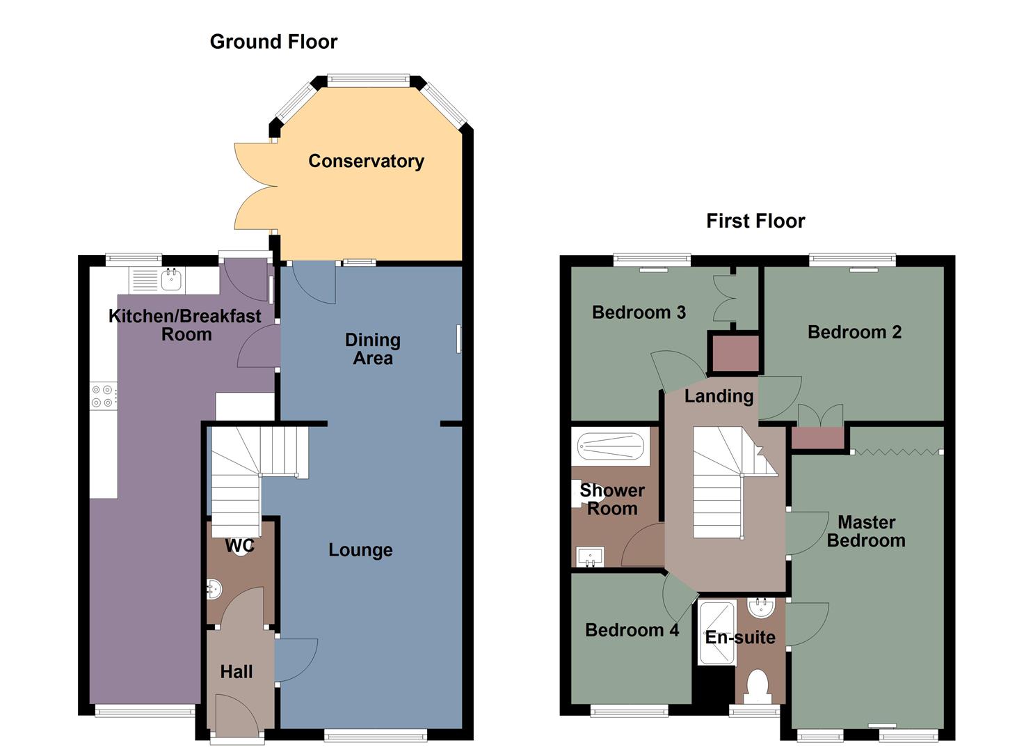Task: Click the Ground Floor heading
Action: coord(273,42)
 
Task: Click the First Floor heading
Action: coord(755,221)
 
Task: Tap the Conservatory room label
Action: coord(366,161)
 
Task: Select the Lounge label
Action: coord(360,550)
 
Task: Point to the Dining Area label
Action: coord(373,350)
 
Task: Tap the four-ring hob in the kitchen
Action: coord(104,396)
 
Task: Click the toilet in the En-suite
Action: coord(757,686)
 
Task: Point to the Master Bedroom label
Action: coord(866,531)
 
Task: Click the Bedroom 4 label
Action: coord(632,630)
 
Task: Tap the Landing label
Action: coord(719,396)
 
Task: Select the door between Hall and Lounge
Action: coord(295,659)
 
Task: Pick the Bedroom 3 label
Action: coord(639,312)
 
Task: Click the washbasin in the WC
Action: coord(214,590)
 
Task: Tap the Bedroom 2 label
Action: coord(854,332)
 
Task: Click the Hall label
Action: coord(237,672)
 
